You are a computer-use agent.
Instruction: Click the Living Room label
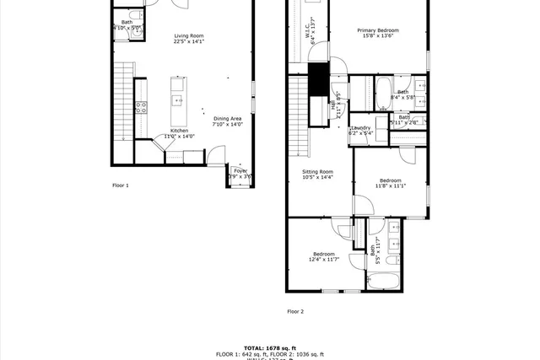[189, 38]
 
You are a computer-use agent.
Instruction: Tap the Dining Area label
[227, 121]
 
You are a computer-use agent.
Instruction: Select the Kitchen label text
[179, 133]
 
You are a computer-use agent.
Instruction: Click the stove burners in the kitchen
[142, 107]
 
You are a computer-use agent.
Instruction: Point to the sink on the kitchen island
[178, 100]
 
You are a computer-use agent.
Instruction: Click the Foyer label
[240, 173]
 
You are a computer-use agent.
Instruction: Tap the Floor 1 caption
[121, 185]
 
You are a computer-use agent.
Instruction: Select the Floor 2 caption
[295, 311]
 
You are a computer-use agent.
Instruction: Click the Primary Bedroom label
[378, 33]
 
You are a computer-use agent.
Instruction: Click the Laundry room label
[361, 130]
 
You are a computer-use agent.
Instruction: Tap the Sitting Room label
[318, 175]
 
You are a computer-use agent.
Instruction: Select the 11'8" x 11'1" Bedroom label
[390, 183]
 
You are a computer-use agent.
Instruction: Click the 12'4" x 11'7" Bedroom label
[324, 256]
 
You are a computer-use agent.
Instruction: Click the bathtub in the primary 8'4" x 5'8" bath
[381, 93]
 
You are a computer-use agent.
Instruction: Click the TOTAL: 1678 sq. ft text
[270, 348]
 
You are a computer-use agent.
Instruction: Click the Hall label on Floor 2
[338, 105]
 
